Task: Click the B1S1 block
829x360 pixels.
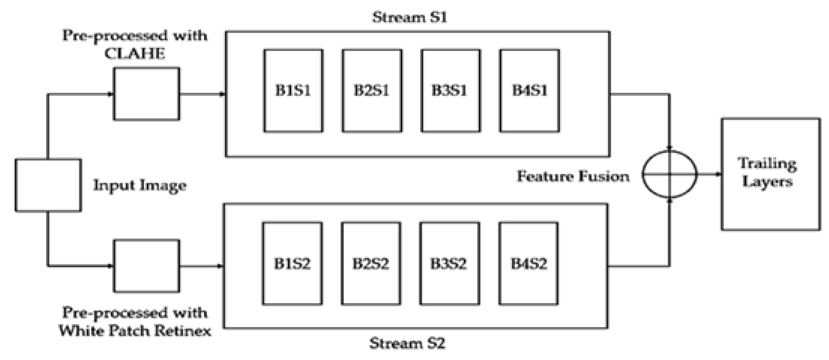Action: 293,91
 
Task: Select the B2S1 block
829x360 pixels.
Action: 372,91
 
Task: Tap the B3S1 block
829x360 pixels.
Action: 450,91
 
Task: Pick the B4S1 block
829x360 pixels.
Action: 529,91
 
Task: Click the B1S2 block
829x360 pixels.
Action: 292,263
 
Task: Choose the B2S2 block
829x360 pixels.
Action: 371,263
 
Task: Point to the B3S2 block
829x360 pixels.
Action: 449,263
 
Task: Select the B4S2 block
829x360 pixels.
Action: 528,263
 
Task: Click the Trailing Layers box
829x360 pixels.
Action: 770,174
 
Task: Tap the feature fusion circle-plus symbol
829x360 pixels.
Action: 669,174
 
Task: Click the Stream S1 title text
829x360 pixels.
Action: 410,17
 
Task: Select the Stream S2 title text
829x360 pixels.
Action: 407,343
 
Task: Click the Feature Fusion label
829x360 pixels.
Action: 573,176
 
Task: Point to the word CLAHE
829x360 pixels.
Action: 135,54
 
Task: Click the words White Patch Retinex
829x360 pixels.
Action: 135,331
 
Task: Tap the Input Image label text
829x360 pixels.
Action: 140,185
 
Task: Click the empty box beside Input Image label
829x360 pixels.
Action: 48,185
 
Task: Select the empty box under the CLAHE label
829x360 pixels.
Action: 146,94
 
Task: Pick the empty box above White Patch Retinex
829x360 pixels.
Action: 146,266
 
